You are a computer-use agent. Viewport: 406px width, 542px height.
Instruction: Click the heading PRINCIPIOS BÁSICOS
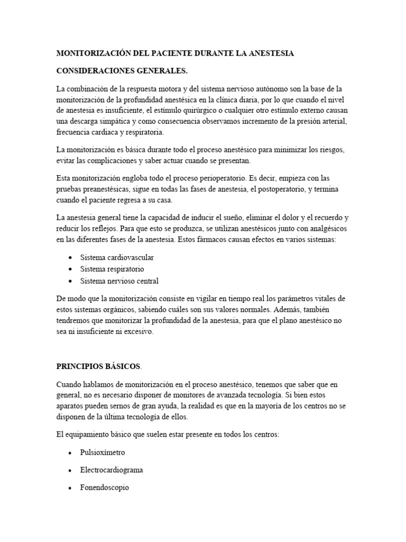click(98, 366)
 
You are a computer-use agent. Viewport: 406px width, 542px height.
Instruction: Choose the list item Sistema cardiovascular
click(117, 257)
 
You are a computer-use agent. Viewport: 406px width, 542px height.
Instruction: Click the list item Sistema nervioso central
click(119, 281)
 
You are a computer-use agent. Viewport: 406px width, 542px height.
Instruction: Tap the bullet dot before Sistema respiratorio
click(70, 269)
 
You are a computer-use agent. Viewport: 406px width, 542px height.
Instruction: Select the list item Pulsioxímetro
click(103, 453)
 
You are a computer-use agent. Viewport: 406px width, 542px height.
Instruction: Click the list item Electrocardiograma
click(111, 469)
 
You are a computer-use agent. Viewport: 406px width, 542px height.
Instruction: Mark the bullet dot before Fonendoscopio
click(70, 487)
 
